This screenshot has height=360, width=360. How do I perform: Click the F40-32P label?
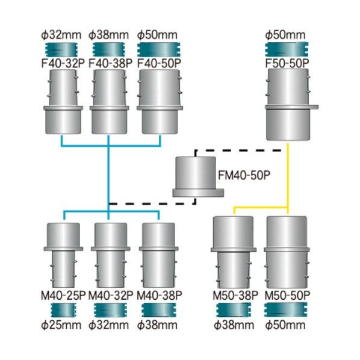click(x=63, y=63)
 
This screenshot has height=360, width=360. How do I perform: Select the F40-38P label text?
click(x=110, y=63)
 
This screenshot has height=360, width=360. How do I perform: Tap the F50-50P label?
click(x=287, y=63)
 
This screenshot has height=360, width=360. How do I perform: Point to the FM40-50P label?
click(x=244, y=175)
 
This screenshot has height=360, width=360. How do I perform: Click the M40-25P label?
click(x=63, y=296)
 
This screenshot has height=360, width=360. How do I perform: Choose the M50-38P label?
click(x=235, y=296)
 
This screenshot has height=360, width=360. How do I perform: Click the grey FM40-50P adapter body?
click(x=198, y=177)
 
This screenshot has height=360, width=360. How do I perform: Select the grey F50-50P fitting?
click(x=290, y=105)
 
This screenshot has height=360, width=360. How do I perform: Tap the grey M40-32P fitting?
click(x=111, y=255)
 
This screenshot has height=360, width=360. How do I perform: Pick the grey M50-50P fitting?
click(x=287, y=252)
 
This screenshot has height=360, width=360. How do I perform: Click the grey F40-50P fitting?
click(x=160, y=102)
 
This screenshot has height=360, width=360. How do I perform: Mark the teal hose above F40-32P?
click(x=61, y=50)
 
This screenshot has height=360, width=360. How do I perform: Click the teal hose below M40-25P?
click(x=63, y=310)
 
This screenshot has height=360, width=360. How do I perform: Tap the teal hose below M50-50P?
click(x=285, y=309)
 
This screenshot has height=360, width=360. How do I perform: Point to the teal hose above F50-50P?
click(x=287, y=49)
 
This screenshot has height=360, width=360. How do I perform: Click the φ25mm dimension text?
click(x=61, y=325)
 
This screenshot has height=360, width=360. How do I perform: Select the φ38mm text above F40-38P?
click(x=109, y=35)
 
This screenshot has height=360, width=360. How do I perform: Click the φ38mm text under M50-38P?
click(x=234, y=325)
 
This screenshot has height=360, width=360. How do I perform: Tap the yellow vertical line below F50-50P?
click(x=288, y=178)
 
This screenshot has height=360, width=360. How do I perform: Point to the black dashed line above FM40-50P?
click(x=238, y=151)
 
